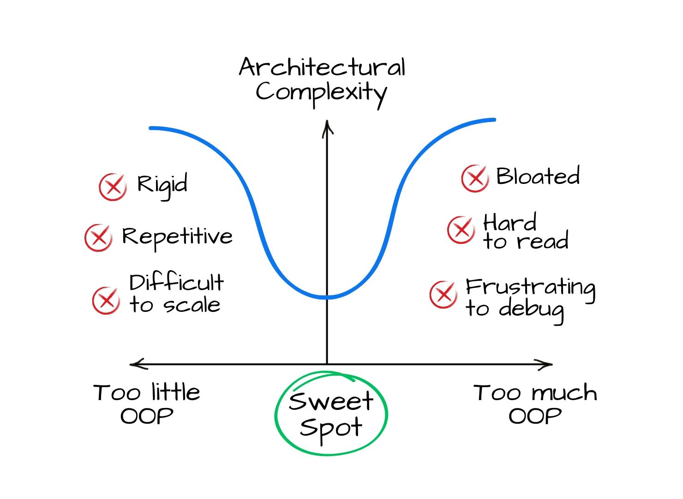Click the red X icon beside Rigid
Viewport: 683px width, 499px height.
[x=113, y=187]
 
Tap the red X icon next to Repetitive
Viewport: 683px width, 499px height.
[x=98, y=238]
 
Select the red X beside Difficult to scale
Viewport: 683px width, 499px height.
[x=107, y=300]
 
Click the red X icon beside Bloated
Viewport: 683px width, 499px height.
[x=475, y=178]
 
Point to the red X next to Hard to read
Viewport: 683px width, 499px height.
[x=461, y=229]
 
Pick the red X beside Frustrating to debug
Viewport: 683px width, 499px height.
[x=443, y=294]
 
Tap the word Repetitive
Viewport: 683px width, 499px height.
[x=177, y=237]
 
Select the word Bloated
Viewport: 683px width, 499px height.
[x=538, y=176]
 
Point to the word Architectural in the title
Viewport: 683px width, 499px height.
[x=322, y=68]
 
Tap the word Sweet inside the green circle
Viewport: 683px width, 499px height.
[x=330, y=401]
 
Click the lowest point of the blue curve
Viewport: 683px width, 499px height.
[x=327, y=297]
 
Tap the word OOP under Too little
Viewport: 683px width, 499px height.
[x=147, y=416]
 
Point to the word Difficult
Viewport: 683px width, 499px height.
[x=176, y=283]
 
